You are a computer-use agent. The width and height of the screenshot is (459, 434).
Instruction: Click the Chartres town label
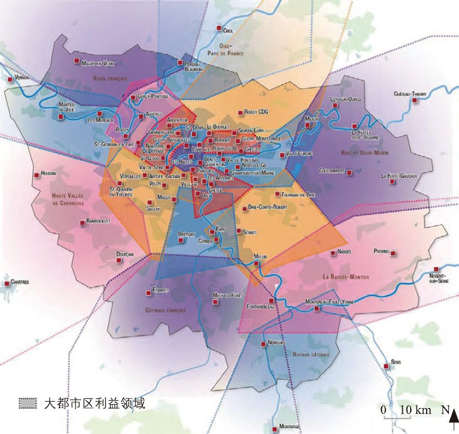tap(19, 282)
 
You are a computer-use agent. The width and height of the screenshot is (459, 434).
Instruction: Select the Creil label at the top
tap(229, 31)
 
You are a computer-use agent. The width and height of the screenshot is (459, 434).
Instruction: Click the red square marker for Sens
tap(387, 367)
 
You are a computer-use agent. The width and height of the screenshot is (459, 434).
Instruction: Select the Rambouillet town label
tap(98, 221)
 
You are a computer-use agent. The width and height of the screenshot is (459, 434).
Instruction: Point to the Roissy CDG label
tap(257, 112)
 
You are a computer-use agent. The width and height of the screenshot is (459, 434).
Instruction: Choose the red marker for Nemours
tap(263, 343)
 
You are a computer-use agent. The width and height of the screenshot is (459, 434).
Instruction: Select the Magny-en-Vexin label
tap(98, 63)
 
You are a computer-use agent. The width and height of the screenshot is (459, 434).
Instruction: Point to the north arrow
tap(453, 422)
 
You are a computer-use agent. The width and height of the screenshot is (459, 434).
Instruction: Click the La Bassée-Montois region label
tap(345, 277)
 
